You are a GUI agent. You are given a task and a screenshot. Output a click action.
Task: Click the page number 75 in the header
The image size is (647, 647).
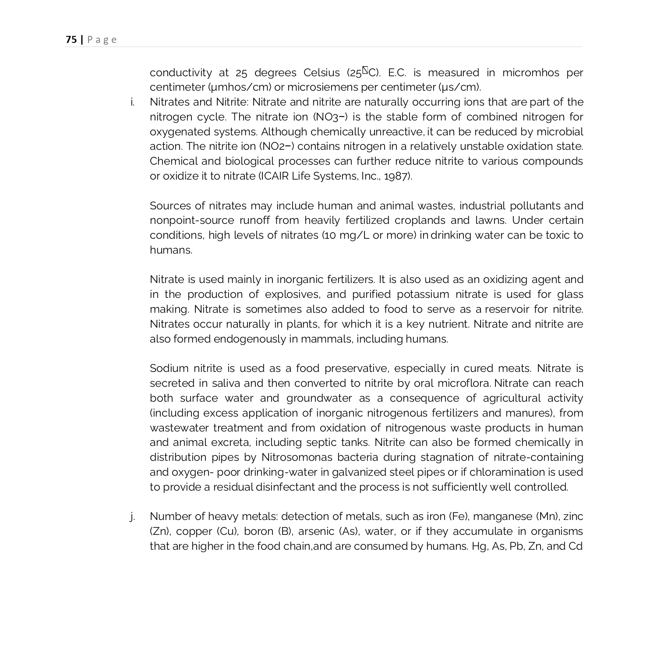point(71,40)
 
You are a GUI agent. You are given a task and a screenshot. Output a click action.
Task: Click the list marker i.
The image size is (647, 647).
point(132,102)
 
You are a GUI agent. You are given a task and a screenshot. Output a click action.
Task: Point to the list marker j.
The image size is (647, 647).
point(132,516)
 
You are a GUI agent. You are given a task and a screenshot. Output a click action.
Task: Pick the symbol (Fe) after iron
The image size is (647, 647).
point(459,516)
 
